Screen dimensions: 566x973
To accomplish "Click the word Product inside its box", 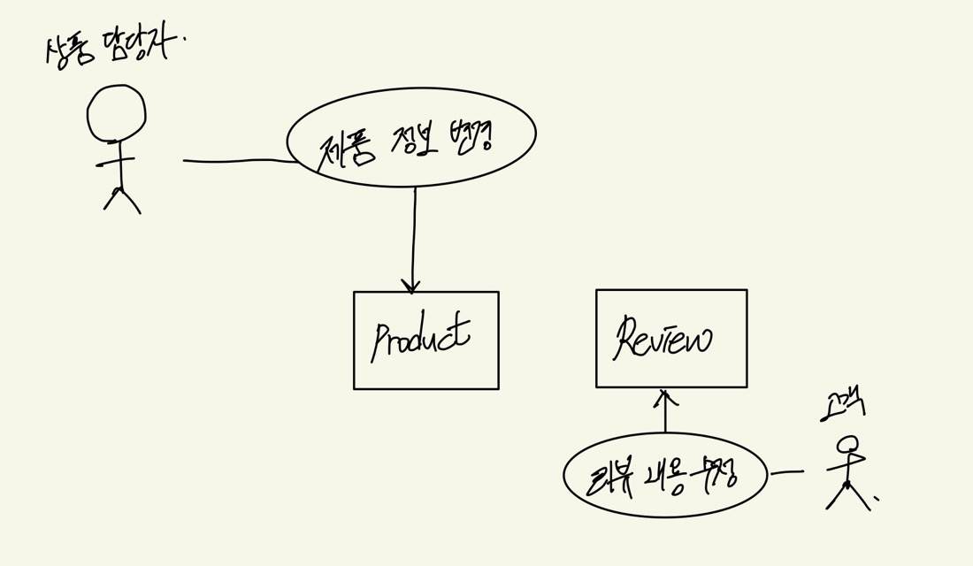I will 421,338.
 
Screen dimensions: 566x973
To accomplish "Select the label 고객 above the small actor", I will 841,406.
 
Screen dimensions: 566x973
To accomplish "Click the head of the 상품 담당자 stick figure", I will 116,112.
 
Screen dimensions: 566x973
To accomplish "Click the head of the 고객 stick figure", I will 847,444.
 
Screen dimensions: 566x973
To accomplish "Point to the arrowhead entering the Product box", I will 410,286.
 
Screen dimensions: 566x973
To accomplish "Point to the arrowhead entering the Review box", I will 664,395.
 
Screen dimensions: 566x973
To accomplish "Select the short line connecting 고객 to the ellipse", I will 786,472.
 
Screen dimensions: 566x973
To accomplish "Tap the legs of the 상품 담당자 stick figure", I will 121,200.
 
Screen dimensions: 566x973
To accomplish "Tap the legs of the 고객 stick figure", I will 847,497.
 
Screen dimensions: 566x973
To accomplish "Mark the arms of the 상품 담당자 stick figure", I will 115,162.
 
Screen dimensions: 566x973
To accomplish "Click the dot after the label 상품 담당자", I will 185,38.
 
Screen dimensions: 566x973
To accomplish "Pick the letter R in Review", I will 626,336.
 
